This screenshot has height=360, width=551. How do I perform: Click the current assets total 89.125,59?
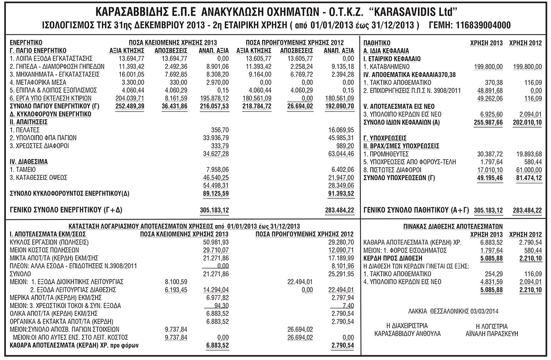[215, 193]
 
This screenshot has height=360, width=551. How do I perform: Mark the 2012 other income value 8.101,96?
[341, 265]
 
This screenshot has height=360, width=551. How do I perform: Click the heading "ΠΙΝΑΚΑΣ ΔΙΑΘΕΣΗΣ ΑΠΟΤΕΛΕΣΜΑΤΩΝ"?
[452, 226]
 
